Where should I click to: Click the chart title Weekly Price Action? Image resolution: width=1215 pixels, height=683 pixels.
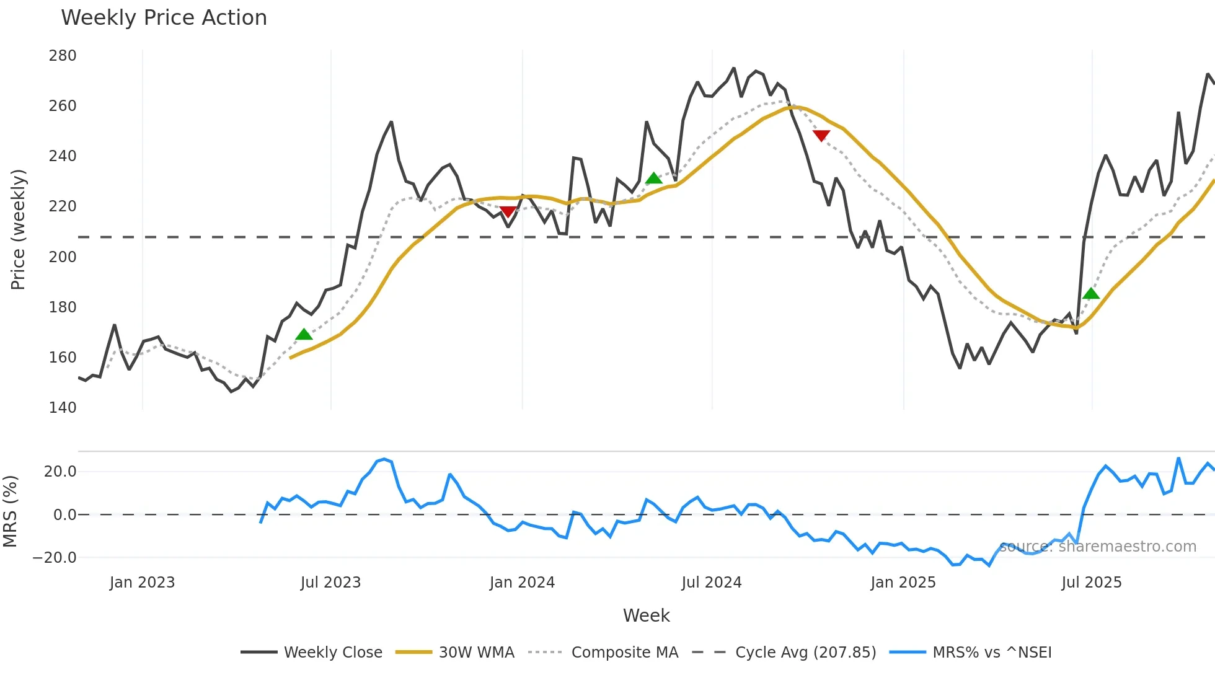coord(164,18)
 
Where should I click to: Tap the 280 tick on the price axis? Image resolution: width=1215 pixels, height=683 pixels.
coord(63,56)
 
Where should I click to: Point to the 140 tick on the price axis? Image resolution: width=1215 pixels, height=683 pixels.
coord(63,408)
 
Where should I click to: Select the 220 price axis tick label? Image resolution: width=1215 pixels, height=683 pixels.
coord(63,206)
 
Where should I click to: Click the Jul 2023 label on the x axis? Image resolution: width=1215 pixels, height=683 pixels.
coord(330,583)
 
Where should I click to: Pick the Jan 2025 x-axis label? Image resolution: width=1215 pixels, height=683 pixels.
coord(903,583)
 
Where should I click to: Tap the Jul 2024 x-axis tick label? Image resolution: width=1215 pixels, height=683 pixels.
coord(711,583)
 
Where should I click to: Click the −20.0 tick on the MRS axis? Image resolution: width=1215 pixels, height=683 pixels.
coord(55,558)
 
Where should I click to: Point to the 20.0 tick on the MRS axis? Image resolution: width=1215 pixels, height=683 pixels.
coord(60,472)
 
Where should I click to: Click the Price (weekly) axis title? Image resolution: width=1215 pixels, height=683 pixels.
coord(18,229)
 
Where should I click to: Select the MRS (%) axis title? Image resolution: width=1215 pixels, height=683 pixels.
coord(10,511)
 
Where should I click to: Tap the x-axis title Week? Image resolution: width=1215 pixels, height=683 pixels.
coord(646,615)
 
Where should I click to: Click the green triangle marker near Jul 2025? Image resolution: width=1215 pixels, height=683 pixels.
coord(1091,294)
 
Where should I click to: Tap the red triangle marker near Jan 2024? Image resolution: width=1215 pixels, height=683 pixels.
coord(508,212)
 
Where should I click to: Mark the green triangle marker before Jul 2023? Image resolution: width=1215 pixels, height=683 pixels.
coord(304,335)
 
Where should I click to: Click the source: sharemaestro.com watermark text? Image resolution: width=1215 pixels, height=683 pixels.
coord(1097,547)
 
